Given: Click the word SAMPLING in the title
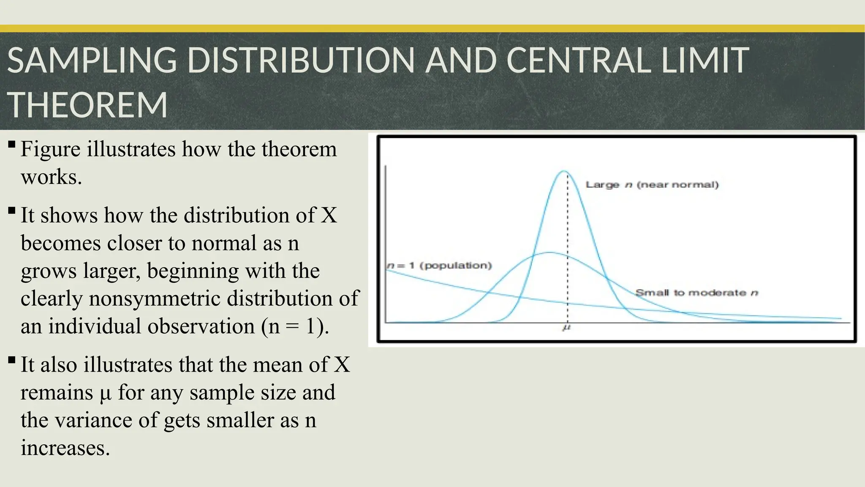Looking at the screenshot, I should tap(92, 60).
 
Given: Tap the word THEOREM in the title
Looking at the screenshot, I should tap(87, 105).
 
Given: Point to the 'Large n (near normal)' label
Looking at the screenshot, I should tap(652, 185).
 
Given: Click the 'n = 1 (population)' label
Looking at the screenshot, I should tap(439, 265).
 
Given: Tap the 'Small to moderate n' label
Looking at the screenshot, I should tap(697, 293).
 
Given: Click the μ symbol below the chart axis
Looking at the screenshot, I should tap(567, 328).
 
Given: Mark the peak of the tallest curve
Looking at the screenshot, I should tap(564, 171).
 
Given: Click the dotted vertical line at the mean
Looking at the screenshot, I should tap(567, 237).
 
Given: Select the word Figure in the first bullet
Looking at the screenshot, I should tap(50, 149).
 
